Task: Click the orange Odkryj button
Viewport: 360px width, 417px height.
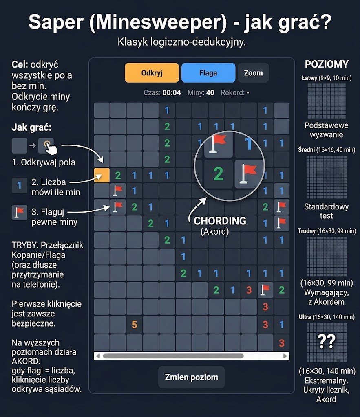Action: (152, 72)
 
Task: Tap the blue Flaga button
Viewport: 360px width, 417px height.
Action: (208, 72)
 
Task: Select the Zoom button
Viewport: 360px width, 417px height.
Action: (253, 72)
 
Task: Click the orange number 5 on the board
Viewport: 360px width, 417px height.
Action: (135, 325)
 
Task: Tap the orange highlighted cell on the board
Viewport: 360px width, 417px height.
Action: (102, 175)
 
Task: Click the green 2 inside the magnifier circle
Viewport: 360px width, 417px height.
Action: (219, 173)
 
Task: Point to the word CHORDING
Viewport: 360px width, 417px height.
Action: (220, 221)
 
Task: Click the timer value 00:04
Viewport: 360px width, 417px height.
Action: (172, 92)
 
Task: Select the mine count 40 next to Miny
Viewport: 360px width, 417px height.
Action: (210, 92)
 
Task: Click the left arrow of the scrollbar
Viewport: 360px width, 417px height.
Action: (98, 356)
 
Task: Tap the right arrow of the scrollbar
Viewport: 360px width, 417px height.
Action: (285, 356)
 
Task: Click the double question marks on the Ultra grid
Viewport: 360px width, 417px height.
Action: (327, 342)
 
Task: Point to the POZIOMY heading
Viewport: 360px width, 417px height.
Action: (327, 64)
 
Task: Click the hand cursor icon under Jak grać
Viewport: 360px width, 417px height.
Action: (51, 147)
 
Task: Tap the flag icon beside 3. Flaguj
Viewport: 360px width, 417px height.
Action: (20, 213)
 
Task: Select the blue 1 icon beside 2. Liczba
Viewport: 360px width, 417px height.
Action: (20, 185)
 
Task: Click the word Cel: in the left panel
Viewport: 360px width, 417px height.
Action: (20, 64)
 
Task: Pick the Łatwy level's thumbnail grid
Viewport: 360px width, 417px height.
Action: (327, 101)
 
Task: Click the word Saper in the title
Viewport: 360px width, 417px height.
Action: (56, 22)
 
